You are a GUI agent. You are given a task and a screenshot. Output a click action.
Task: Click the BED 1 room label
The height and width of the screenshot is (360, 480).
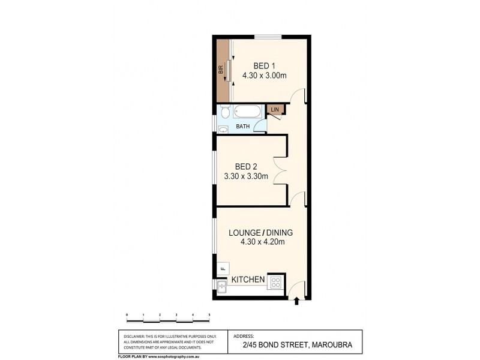point(264,66)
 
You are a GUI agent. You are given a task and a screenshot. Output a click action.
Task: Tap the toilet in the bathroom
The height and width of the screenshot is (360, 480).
point(224,112)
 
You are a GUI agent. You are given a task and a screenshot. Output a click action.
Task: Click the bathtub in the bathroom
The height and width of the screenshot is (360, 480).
point(247,112)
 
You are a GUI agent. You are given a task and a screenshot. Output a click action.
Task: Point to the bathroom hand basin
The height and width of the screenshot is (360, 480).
point(223,128)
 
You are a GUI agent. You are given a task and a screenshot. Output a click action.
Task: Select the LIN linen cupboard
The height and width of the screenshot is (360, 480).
point(275,109)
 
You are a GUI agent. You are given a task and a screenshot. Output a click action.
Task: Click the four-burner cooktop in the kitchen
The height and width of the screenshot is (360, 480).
point(277,282)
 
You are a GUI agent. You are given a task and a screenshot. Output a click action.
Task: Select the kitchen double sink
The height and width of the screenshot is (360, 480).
point(222,287)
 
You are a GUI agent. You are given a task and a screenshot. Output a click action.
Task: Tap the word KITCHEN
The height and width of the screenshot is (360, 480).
point(248,280)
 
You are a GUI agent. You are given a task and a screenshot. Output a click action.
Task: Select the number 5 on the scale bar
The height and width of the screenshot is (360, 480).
point(209,314)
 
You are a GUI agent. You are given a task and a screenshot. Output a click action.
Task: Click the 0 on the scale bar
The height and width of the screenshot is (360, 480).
point(127,314)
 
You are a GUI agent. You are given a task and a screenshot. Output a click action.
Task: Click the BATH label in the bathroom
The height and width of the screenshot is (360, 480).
point(242,127)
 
